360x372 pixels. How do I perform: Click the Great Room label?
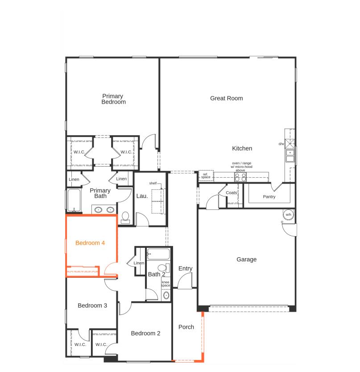[x=226, y=98]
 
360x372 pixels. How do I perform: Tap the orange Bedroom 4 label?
[x=90, y=243]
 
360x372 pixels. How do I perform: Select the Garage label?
[x=247, y=259]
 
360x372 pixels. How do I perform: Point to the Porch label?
[x=186, y=327]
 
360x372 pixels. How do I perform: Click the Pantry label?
[x=269, y=196]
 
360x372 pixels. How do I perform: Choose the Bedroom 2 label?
[x=145, y=333]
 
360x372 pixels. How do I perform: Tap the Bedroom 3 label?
[x=92, y=305]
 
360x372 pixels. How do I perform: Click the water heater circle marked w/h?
[x=288, y=214]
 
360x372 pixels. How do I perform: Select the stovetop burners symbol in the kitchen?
[x=240, y=177]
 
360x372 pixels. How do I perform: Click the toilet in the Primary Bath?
[x=125, y=217]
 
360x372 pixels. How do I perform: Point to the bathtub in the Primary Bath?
[x=74, y=200]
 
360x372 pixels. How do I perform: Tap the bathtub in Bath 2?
[x=158, y=254]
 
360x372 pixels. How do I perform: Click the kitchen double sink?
[x=290, y=155]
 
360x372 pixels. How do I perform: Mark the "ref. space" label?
[x=206, y=176]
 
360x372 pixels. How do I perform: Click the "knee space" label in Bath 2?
[x=166, y=284]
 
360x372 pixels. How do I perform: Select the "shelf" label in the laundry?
[x=153, y=183]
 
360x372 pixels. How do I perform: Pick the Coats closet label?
[x=232, y=192]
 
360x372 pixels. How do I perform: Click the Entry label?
[x=185, y=268]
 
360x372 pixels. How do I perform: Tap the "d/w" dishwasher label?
[x=281, y=144]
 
